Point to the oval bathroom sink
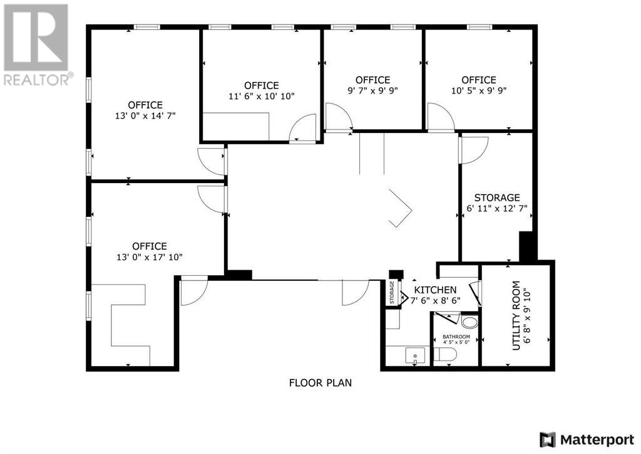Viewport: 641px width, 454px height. tap(468, 322)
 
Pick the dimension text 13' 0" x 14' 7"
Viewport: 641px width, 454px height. tap(145, 115)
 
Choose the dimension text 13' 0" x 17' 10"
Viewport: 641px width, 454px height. tap(149, 256)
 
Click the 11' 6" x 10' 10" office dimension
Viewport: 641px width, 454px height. tap(261, 96)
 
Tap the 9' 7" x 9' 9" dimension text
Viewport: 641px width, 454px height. tap(372, 90)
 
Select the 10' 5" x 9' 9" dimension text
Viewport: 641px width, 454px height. tap(479, 90)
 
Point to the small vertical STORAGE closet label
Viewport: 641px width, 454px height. tap(392, 293)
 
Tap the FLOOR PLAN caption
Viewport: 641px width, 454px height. tap(320, 382)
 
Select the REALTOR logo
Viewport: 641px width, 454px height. tap(37, 44)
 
